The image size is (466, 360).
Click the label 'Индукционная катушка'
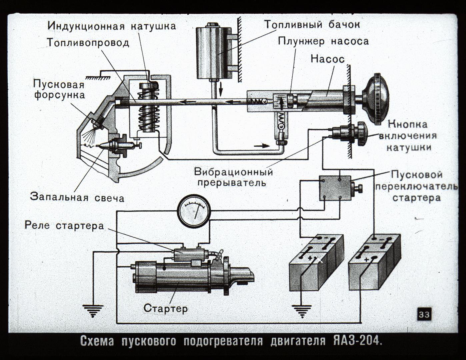111,26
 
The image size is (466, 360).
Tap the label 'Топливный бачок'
312,24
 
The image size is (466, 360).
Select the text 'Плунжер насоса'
323,41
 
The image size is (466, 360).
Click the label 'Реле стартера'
64,226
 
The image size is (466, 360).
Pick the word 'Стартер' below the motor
165,308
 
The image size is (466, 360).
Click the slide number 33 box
424,314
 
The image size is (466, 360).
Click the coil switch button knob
361,134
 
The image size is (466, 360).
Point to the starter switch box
335,188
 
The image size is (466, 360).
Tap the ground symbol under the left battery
301,311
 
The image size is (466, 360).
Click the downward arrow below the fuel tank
220,88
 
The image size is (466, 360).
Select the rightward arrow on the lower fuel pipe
261,145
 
